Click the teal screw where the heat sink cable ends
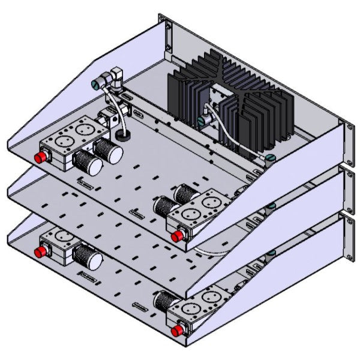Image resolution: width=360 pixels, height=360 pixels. tap(269, 158)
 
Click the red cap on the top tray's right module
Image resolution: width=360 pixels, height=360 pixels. tap(177, 235)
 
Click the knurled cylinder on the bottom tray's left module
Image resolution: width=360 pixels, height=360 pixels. tap(88, 257)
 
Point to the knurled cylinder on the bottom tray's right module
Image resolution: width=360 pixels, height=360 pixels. tap(166, 299)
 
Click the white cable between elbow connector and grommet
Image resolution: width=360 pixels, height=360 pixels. tap(116, 108)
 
